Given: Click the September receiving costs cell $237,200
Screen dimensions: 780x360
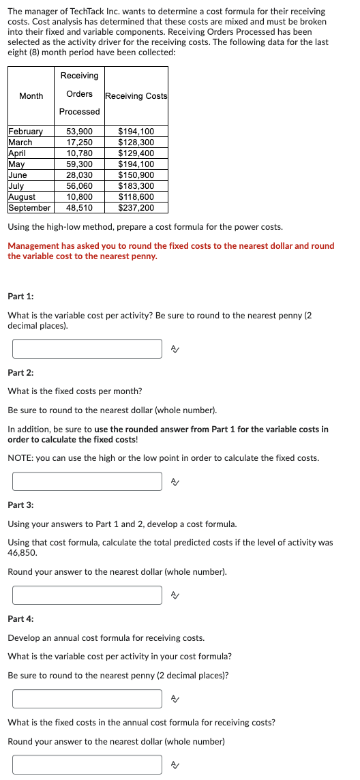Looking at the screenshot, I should click(x=136, y=208).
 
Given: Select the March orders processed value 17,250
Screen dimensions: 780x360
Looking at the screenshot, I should click(x=80, y=142).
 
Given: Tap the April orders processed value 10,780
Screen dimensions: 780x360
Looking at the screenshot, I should click(x=80, y=153).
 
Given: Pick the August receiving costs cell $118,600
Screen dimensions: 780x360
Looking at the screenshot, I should click(x=136, y=197).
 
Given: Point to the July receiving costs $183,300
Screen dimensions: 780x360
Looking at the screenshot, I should click(x=136, y=186).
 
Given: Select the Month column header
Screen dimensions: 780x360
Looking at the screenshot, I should click(x=31, y=96).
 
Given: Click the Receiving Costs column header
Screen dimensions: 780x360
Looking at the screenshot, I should click(x=136, y=96).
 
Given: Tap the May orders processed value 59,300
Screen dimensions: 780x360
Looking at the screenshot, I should click(x=80, y=164).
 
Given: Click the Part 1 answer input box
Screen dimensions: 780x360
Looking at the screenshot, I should click(x=87, y=348).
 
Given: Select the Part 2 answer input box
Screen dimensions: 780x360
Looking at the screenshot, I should click(x=87, y=481).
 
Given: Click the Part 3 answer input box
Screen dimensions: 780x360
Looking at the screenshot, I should click(x=87, y=595).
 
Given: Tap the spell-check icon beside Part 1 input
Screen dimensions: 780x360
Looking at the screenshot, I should click(x=175, y=349).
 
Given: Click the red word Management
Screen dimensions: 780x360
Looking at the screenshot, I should click(x=33, y=246).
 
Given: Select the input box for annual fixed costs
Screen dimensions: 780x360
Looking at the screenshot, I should click(x=87, y=764).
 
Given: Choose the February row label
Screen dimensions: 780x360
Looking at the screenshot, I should click(x=25, y=132).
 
